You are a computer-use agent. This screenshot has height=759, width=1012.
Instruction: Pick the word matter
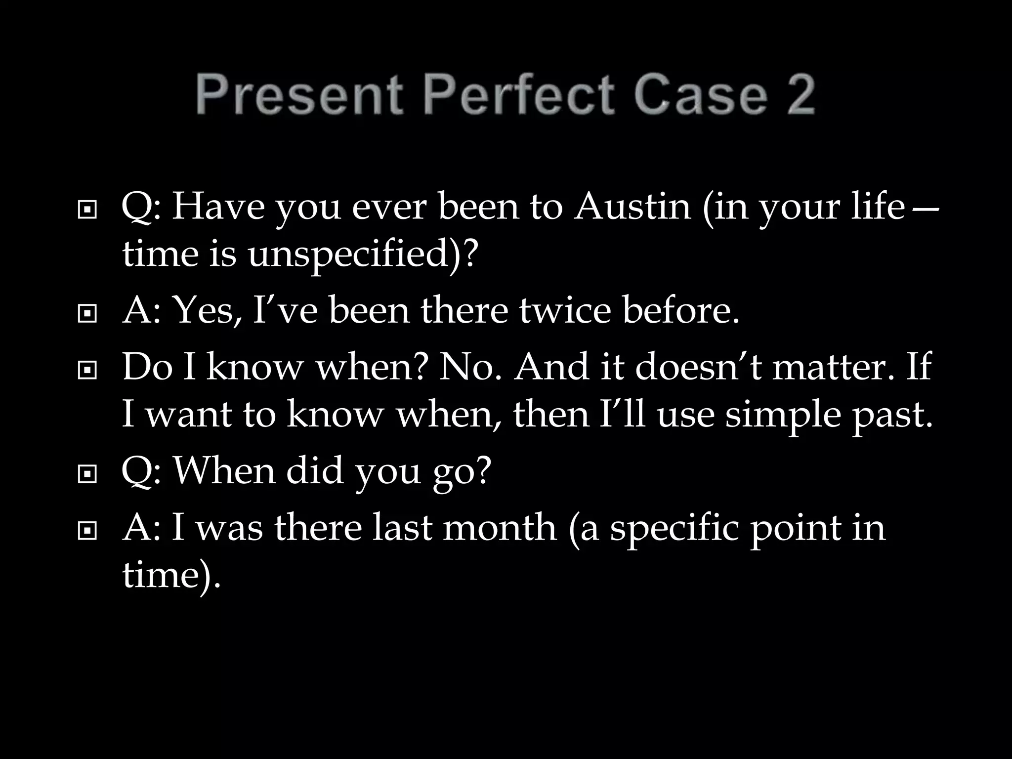point(833,367)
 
